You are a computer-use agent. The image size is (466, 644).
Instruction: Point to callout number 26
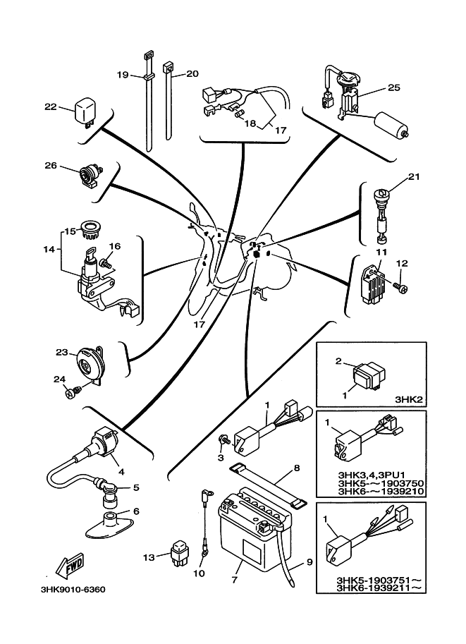49,166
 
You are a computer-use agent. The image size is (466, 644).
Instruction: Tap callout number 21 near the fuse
414,177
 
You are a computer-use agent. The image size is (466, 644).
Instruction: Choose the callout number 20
192,73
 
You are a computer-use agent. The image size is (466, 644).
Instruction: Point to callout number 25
393,88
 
